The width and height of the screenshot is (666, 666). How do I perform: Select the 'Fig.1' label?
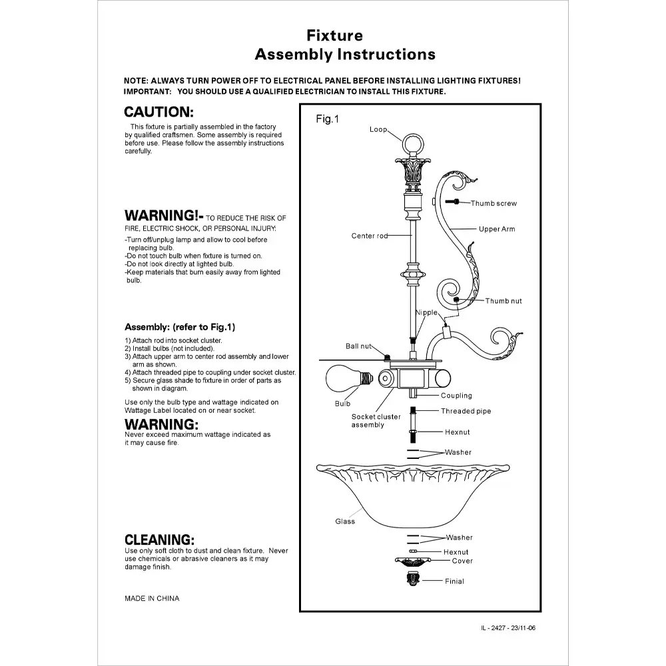tap(327, 120)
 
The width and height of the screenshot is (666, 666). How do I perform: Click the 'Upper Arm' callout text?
tap(497, 229)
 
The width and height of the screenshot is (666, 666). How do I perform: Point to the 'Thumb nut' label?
tap(503, 301)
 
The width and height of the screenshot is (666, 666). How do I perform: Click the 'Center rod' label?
tap(370, 236)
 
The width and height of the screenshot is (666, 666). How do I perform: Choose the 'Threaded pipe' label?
tap(466, 411)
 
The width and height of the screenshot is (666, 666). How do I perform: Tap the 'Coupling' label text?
tap(456, 396)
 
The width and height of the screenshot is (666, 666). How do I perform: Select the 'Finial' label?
tap(454, 581)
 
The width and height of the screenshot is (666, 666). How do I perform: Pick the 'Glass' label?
tap(345, 521)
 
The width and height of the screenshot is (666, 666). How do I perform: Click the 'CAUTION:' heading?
tap(159, 112)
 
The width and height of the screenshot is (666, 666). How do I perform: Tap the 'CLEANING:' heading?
tap(160, 539)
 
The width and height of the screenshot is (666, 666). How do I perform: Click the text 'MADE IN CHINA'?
tap(152, 598)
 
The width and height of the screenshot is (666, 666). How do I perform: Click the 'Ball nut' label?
tap(358, 346)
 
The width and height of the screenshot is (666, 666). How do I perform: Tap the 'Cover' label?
tap(462, 561)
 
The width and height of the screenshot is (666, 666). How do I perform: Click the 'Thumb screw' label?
tap(494, 203)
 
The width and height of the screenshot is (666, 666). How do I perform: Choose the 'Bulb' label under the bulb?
tap(342, 404)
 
